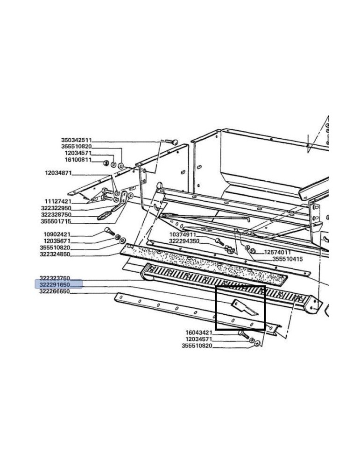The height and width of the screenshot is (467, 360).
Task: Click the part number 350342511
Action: pyautogui.click(x=77, y=140)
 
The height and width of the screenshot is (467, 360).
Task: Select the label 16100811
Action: pyautogui.click(x=78, y=160)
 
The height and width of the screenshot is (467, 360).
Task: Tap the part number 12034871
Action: pyautogui.click(x=58, y=173)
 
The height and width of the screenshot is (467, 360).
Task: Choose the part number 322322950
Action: pyautogui.click(x=56, y=208)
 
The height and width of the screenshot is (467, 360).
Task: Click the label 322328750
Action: pyautogui.click(x=56, y=214)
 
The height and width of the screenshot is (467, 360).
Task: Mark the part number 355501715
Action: pyautogui.click(x=56, y=221)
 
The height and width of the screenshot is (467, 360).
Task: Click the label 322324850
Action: pyautogui.click(x=56, y=255)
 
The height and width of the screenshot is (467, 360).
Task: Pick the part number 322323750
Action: pyautogui.click(x=55, y=278)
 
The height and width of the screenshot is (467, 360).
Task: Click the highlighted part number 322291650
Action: pyautogui.click(x=55, y=284)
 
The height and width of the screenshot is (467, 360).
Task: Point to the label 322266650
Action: pyautogui.click(x=55, y=291)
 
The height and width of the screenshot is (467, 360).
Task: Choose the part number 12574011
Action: pyautogui.click(x=278, y=252)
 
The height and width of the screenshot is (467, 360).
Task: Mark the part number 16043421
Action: pyautogui.click(x=199, y=333)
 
